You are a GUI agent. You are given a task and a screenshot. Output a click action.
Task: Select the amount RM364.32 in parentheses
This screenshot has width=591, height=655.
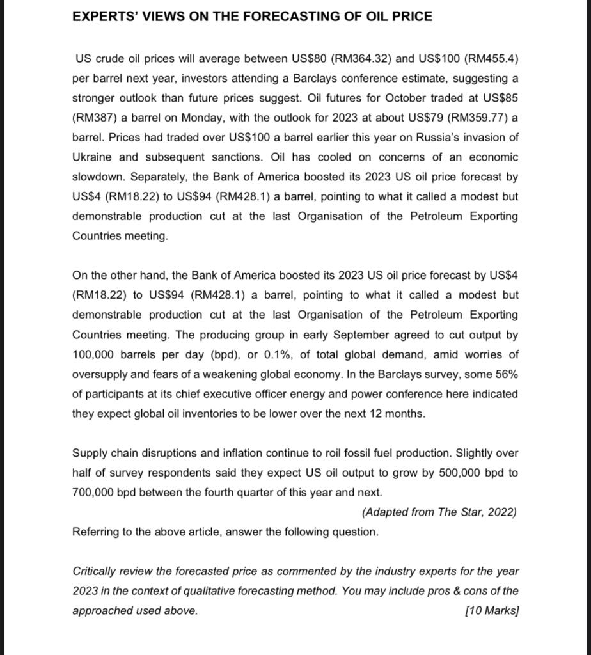(x=362, y=59)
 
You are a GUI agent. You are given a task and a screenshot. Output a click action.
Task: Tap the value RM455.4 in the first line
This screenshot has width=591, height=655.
(x=491, y=59)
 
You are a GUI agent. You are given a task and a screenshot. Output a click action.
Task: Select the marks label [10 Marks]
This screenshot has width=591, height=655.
(x=492, y=610)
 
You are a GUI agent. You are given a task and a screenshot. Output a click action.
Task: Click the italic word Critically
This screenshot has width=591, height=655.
(x=94, y=571)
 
